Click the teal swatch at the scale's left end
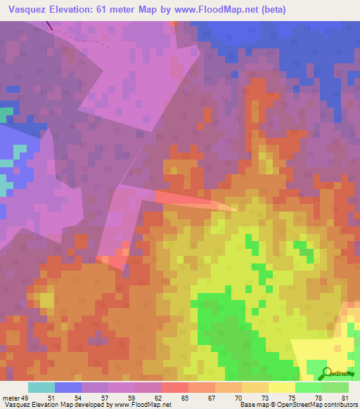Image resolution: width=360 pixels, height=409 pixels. (41, 387)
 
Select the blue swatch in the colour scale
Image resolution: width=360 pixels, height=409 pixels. (68, 387)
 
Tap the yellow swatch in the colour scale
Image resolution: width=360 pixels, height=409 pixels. (282, 387)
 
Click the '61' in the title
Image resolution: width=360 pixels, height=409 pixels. (109, 9)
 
